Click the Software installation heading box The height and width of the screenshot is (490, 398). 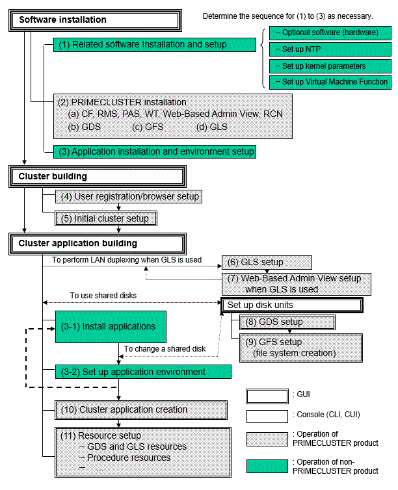[x=95, y=20]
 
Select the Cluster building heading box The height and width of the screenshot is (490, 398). [x=98, y=177]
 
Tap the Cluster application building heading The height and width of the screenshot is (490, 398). [x=98, y=244]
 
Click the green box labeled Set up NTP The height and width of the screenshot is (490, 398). [x=330, y=49]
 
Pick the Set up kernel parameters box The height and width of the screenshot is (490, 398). [x=330, y=66]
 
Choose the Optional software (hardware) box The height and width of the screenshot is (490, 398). [x=330, y=32]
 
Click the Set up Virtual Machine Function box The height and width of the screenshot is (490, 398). [x=330, y=82]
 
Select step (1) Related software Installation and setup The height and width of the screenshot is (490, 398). [x=155, y=45]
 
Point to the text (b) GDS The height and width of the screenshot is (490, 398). [x=85, y=127]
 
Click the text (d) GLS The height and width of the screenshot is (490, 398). [x=212, y=127]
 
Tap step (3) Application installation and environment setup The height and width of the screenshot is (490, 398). [x=155, y=151]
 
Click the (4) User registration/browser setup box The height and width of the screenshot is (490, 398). [x=129, y=196]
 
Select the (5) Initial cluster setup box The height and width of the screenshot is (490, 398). [x=106, y=218]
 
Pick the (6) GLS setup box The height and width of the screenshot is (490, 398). [x=267, y=262]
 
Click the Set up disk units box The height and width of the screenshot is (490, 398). [x=292, y=305]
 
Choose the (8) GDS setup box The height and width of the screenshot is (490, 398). [x=287, y=322]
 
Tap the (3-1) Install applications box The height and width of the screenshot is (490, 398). [x=111, y=327]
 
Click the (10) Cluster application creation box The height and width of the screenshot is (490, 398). [x=141, y=410]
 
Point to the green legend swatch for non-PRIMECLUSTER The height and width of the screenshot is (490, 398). [x=267, y=466]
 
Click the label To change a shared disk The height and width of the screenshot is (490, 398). [x=165, y=349]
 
